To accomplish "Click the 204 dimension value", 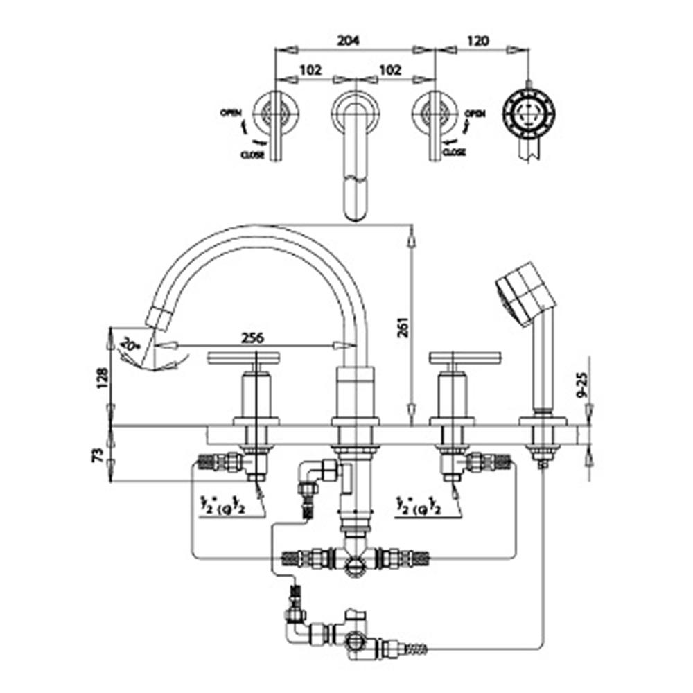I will coord(349,41).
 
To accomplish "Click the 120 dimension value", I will coord(478,41).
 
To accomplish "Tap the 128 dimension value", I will coord(103,378).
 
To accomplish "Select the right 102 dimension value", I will coord(391,71).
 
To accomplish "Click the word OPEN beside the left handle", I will coord(231,112).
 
